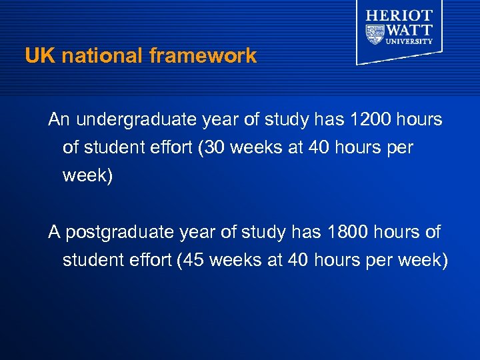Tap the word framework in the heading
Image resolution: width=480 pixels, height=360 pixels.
tap(203, 56)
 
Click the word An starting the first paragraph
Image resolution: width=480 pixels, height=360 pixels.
tap(59, 120)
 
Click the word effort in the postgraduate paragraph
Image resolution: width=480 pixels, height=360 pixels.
tap(149, 260)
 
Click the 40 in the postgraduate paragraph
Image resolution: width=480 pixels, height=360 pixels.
tap(298, 260)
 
